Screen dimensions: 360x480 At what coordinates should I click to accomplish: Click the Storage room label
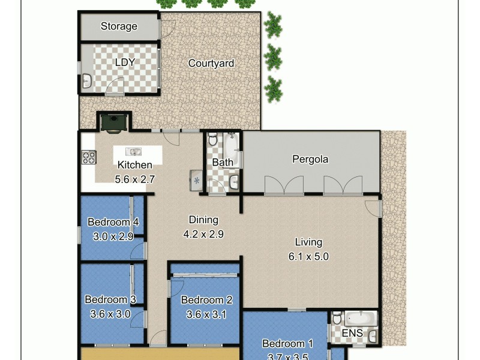pos(119,26)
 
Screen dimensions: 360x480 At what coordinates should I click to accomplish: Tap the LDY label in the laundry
pos(125,62)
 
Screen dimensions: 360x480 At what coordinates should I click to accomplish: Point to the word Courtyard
pos(211,64)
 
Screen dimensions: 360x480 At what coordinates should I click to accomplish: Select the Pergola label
pos(310,160)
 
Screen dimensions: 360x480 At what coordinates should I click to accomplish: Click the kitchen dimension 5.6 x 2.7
pos(135,179)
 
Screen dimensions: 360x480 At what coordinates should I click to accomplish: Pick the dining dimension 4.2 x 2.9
pos(203,234)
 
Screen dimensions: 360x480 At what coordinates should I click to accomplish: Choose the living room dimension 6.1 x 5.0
pos(308,257)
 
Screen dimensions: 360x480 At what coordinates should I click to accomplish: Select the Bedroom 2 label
pos(206,300)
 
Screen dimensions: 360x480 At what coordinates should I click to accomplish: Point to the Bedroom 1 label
pos(288,344)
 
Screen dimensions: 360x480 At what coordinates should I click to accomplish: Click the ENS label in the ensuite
pos(352,333)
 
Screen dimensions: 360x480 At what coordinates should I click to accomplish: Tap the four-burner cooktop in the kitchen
pos(89,157)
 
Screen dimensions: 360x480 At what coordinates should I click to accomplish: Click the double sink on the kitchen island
pos(134,151)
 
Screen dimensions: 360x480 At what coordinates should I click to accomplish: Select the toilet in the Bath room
pos(213,139)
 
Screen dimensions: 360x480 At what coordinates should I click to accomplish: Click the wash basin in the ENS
pos(373,335)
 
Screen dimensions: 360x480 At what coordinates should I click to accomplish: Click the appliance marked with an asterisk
pos(197,179)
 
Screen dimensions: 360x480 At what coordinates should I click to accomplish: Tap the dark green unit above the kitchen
pos(113,122)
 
